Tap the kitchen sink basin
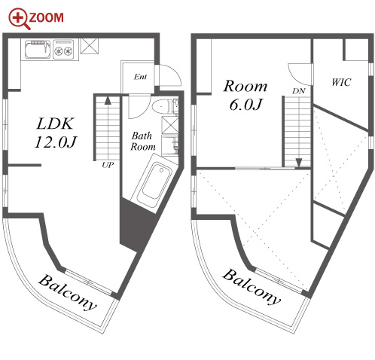tap(38, 49)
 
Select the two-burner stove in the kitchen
tap(63, 50)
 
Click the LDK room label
tap(55, 124)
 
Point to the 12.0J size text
tap(56, 142)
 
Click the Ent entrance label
tap(140, 77)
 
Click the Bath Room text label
tap(142, 141)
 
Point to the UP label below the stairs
tap(108, 165)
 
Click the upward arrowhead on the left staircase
tap(108, 100)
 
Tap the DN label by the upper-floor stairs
tap(298, 91)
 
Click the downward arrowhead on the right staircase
tap(298, 163)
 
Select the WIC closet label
tap(341, 82)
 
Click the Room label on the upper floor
tap(245, 87)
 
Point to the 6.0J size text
tap(245, 105)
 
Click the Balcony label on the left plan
tap(67, 293)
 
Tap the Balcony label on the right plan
tap(252, 287)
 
